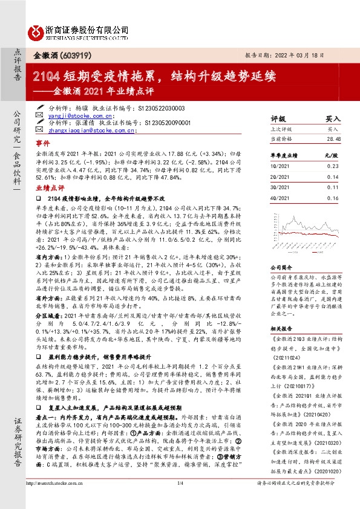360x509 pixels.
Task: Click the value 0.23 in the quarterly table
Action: coord(332,166)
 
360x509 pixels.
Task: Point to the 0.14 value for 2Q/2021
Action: coord(332,177)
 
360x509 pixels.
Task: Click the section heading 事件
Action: coord(42,144)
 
